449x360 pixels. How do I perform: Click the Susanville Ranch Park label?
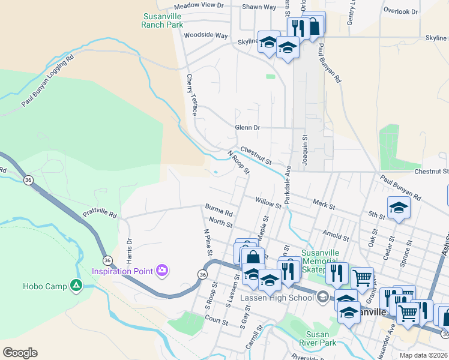[162, 21]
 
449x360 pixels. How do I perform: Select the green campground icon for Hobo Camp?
[76, 286]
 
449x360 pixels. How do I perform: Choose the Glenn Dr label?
[247, 127]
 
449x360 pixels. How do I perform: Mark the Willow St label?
[268, 202]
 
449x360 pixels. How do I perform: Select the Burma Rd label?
[218, 211]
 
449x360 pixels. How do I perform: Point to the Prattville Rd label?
[100, 213]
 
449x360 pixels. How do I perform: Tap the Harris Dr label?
[128, 246]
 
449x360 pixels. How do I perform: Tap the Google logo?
[20, 353]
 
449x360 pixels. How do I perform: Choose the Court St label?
[216, 322]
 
